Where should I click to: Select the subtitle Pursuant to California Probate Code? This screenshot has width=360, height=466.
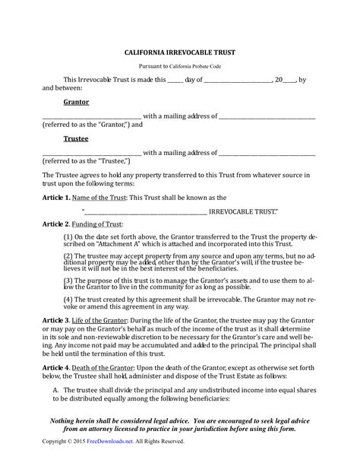pyautogui.click(x=179, y=67)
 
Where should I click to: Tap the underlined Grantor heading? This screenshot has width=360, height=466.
pyautogui.click(x=76, y=101)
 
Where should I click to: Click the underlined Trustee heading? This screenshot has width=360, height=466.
pyautogui.click(x=76, y=139)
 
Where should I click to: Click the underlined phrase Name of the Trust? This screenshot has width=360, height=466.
pyautogui.click(x=96, y=197)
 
